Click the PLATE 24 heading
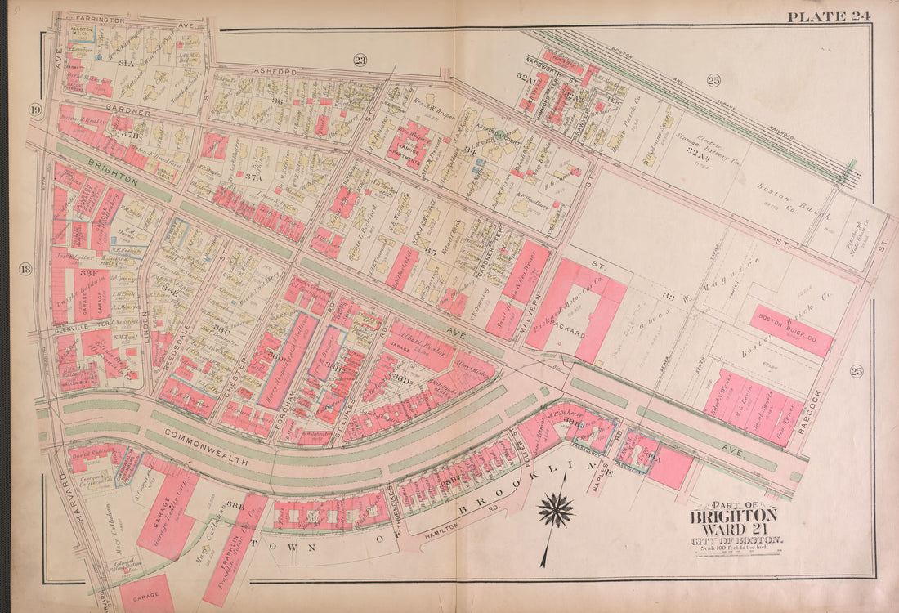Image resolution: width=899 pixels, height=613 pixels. point(830,16)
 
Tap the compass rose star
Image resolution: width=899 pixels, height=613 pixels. point(556,511)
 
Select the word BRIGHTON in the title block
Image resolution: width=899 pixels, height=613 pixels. point(733,516)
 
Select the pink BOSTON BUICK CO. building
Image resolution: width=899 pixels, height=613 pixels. point(791,329)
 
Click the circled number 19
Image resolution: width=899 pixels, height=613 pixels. point(35,110)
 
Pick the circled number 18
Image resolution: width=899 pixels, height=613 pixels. point(25,269)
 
